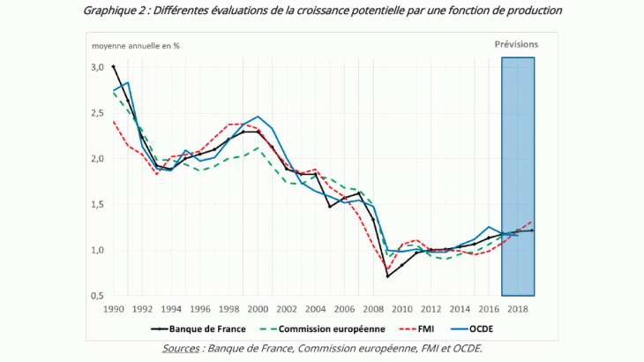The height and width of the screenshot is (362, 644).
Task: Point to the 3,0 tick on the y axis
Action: click(x=96, y=67)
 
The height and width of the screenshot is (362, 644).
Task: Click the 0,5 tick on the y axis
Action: click(x=96, y=296)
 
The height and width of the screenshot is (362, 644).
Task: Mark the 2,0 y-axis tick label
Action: click(x=96, y=159)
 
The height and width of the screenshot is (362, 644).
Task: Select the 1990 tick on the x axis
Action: click(x=113, y=309)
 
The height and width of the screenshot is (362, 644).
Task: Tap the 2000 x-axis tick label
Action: click(x=257, y=309)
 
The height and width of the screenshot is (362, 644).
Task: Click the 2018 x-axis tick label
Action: click(x=517, y=309)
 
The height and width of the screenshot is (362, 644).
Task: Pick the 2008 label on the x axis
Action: click(x=372, y=309)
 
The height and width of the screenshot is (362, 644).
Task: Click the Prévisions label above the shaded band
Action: click(x=516, y=43)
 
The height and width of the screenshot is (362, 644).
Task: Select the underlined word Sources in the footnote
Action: click(x=182, y=349)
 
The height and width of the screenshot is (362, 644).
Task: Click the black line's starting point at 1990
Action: click(x=113, y=66)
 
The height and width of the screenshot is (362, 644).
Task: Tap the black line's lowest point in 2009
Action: click(x=387, y=275)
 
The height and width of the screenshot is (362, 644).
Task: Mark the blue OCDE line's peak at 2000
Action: click(x=258, y=116)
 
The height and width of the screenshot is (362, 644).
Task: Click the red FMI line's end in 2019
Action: click(x=532, y=222)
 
